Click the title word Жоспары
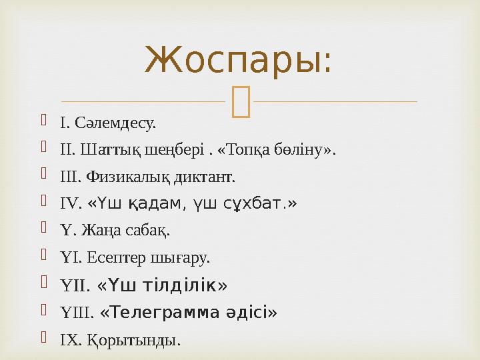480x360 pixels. click(x=238, y=61)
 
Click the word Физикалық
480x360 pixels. click(x=134, y=177)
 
